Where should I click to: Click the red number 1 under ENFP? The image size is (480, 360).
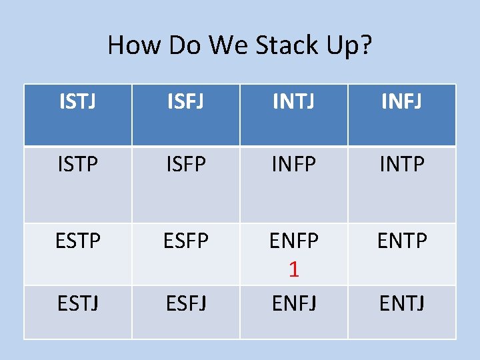[x=293, y=269]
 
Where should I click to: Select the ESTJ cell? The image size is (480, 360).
[x=78, y=304]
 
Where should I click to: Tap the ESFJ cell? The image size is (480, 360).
[x=185, y=304]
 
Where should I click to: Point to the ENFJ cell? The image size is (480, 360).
[x=293, y=304]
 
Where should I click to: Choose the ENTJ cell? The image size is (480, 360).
[x=402, y=304]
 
